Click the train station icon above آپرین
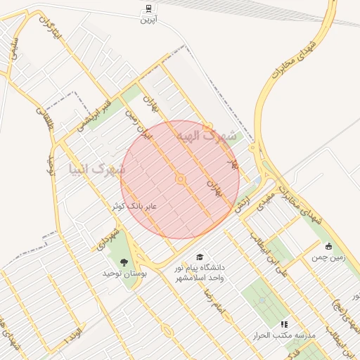[x=148, y=8]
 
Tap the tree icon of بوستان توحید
[x=124, y=262]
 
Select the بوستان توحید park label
[x=124, y=273]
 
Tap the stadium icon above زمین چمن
[x=328, y=246]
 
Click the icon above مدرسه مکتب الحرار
[x=285, y=324]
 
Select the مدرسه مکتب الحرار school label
[x=285, y=335]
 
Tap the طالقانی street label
[x=44, y=120]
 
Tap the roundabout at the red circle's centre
[x=181, y=179]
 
